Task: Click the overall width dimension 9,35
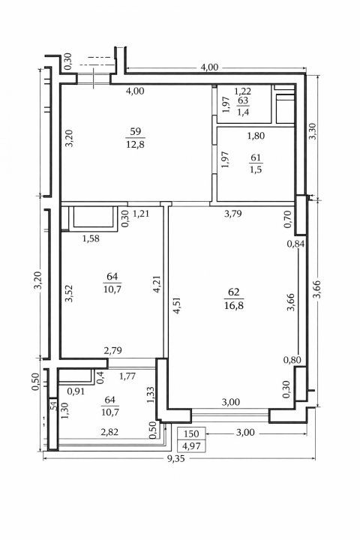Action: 175,458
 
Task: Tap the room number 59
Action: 136,131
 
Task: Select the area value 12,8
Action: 136,144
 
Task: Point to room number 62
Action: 233,292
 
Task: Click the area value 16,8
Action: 233,305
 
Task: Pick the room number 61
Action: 256,157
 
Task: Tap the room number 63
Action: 243,100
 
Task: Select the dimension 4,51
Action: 178,306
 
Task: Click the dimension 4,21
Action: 157,284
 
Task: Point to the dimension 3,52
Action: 69,293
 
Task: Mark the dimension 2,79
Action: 113,351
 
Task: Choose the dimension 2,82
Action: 109,432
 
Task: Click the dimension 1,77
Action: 127,376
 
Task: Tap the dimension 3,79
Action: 233,214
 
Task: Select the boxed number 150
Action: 191,433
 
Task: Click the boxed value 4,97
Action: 191,446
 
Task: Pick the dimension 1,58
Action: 91,238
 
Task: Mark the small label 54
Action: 53,405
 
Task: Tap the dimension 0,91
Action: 76,391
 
